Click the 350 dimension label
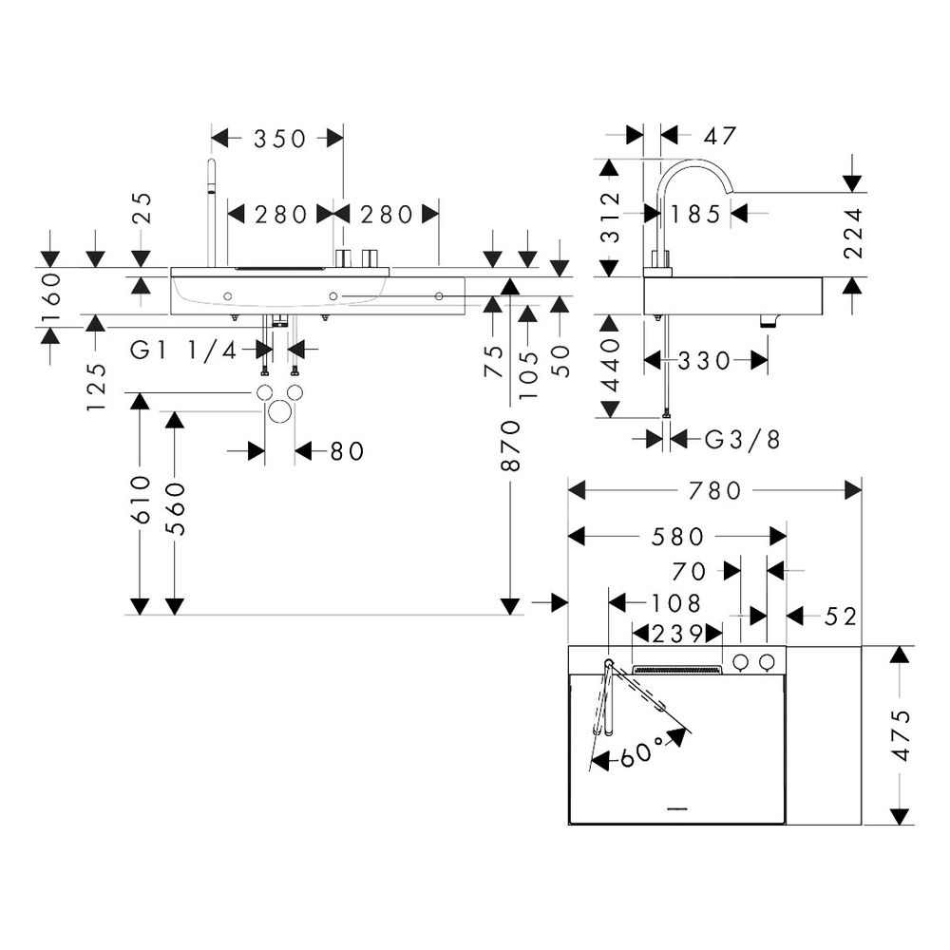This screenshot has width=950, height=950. (279, 139)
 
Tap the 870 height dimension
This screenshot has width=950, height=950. (511, 446)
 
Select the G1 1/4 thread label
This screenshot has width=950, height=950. (183, 350)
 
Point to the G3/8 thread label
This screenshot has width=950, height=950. (742, 439)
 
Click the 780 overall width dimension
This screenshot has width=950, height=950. (715, 490)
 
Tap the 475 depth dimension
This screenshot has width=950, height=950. (902, 735)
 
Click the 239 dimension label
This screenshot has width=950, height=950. (677, 634)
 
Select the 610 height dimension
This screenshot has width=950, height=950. (140, 500)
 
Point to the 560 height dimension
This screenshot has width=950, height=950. (175, 509)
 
